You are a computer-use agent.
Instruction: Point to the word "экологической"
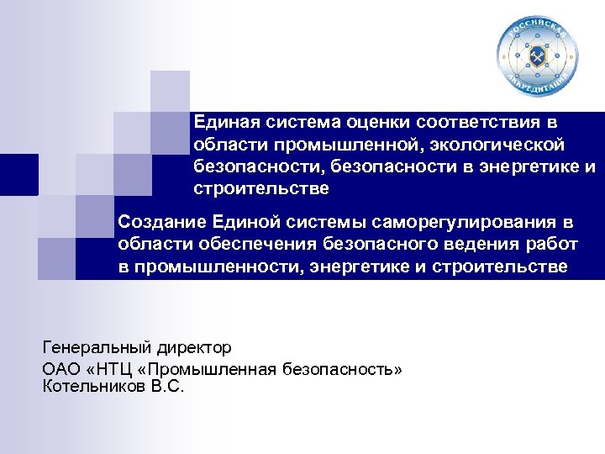(502, 145)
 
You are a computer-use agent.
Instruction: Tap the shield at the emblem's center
(538, 57)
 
